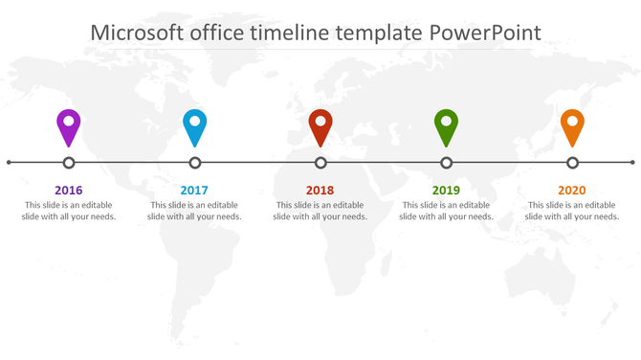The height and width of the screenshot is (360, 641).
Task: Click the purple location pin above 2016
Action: click(x=69, y=125)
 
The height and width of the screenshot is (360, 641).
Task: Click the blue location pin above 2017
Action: click(x=195, y=125)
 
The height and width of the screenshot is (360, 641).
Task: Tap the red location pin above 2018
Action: click(x=320, y=125)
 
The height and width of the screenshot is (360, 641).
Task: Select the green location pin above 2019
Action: click(x=446, y=125)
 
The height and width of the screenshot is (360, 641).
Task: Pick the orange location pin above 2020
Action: click(x=572, y=125)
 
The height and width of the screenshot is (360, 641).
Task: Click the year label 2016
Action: click(x=69, y=191)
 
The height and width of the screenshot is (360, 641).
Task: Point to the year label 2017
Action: click(x=194, y=191)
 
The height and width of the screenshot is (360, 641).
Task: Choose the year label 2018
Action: click(x=320, y=191)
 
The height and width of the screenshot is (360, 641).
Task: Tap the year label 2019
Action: click(x=446, y=191)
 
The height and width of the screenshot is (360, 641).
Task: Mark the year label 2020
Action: click(x=571, y=191)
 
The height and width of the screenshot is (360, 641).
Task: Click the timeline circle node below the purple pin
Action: click(x=69, y=163)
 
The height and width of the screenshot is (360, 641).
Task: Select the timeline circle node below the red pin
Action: click(x=320, y=163)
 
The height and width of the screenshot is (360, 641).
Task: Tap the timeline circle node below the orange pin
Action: click(x=572, y=163)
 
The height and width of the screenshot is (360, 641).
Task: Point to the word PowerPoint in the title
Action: click(x=485, y=33)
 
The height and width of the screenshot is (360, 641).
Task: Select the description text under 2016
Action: click(x=69, y=211)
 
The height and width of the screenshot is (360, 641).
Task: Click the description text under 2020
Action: click(x=572, y=211)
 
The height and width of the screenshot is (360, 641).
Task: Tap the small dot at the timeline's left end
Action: click(x=9, y=163)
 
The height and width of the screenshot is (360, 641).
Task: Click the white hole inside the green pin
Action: click(x=446, y=122)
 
